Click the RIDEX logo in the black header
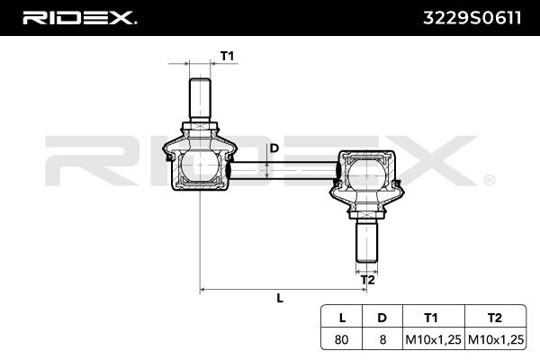click(x=79, y=18)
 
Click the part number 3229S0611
click(x=472, y=18)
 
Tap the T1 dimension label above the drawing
click(x=228, y=56)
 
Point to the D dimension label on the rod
click(x=274, y=148)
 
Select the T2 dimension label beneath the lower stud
click(x=368, y=280)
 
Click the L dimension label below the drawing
click(x=280, y=298)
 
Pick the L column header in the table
click(x=342, y=318)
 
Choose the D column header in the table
click(x=382, y=318)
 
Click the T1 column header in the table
click(x=431, y=318)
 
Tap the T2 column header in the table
click(x=495, y=318)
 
